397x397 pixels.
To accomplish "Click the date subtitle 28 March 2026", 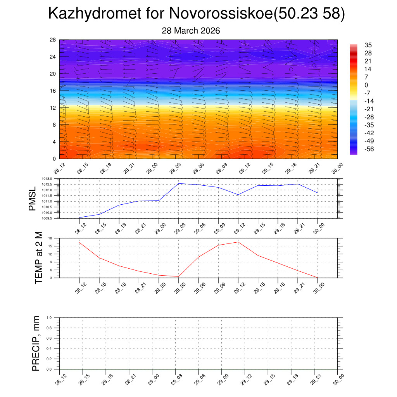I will [x=191, y=31].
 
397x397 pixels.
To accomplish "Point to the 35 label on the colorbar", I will [x=368, y=45].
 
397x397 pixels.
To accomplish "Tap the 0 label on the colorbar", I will [x=366, y=85].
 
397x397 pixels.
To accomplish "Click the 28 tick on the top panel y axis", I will [x=53, y=40].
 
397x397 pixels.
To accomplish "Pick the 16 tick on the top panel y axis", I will [x=53, y=91].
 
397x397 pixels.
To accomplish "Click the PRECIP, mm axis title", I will [x=36, y=343].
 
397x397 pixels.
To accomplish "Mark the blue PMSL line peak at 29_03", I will [x=179, y=183].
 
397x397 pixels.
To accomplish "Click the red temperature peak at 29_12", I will [x=238, y=242].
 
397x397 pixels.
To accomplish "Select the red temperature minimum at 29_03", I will [x=179, y=276].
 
